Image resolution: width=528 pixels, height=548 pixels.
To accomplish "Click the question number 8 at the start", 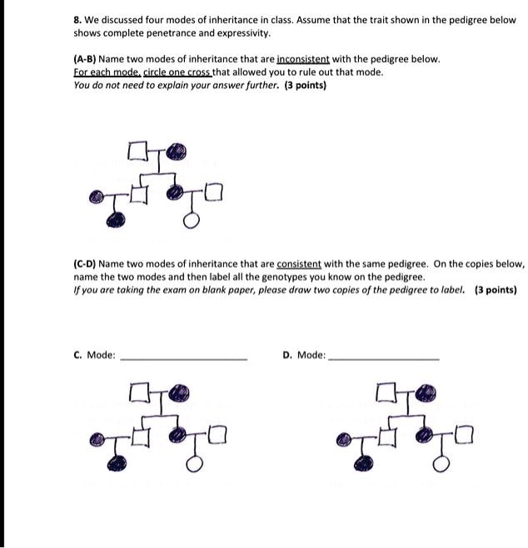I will coord(77,20).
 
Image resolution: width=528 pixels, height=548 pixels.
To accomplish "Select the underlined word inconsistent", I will coord(303,60).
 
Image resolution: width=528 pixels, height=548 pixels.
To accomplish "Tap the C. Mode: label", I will coord(94,355).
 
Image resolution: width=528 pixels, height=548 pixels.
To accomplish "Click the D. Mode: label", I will coord(304,355).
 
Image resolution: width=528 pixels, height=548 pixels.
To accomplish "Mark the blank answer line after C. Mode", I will coord(184,358).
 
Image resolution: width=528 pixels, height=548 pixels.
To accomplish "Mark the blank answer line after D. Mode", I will coord(384,358).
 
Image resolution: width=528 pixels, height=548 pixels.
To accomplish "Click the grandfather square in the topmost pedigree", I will coord(137,152).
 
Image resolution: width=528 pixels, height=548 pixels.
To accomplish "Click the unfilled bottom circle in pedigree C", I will coord(192,462).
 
